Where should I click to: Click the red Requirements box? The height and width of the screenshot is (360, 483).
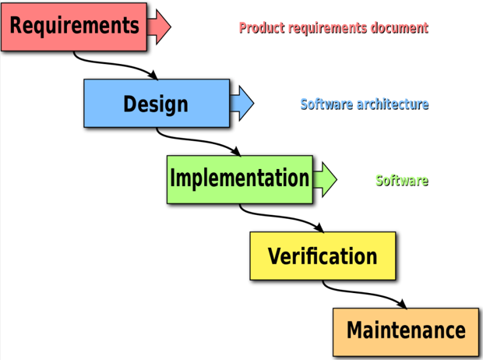click(x=74, y=26)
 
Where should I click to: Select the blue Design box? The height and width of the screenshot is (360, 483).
click(x=157, y=103)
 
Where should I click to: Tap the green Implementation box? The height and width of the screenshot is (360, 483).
click(x=239, y=178)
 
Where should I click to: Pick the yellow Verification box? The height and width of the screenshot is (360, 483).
click(x=322, y=256)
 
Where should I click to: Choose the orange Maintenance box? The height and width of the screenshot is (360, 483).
click(x=405, y=330)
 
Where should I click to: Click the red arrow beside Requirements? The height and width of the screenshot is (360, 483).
click(x=160, y=26)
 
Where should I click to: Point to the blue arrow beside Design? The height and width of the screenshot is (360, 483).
click(x=242, y=102)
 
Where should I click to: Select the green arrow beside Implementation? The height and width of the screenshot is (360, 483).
click(x=325, y=178)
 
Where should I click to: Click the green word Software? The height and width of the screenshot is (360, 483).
click(x=402, y=180)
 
